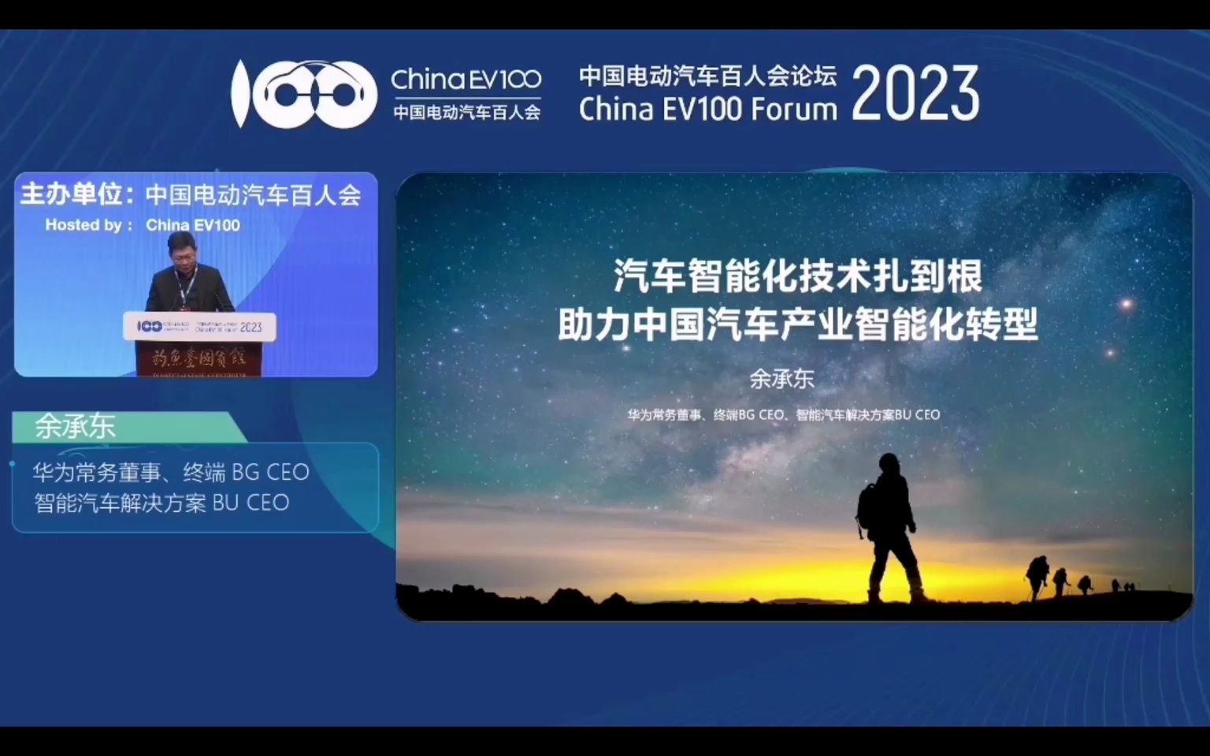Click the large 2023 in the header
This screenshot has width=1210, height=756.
tap(915, 94)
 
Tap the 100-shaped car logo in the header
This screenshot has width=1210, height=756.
tap(304, 94)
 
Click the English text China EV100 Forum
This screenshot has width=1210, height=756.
tap(707, 109)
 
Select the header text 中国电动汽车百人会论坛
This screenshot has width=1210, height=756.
tap(707, 76)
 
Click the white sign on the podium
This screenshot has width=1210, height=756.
tap(199, 326)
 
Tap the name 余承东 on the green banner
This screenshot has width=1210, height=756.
tap(75, 426)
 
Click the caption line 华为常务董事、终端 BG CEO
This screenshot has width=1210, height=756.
tap(171, 472)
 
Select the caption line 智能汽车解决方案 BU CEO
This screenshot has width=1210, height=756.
tap(161, 502)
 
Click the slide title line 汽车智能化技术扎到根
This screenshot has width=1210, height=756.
tap(797, 276)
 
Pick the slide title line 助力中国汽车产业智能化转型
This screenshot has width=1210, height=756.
tap(797, 324)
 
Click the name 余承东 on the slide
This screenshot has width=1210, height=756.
tap(781, 379)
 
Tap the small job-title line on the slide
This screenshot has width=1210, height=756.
tap(783, 414)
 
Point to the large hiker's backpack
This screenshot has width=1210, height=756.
tap(867, 508)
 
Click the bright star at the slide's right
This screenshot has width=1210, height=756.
tap(1126, 303)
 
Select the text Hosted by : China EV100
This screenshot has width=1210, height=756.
tap(143, 225)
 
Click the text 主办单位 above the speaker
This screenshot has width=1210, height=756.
tap(71, 194)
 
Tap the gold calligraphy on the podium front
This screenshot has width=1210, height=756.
tap(199, 359)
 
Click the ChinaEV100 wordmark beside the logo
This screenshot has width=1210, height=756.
tap(466, 79)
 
